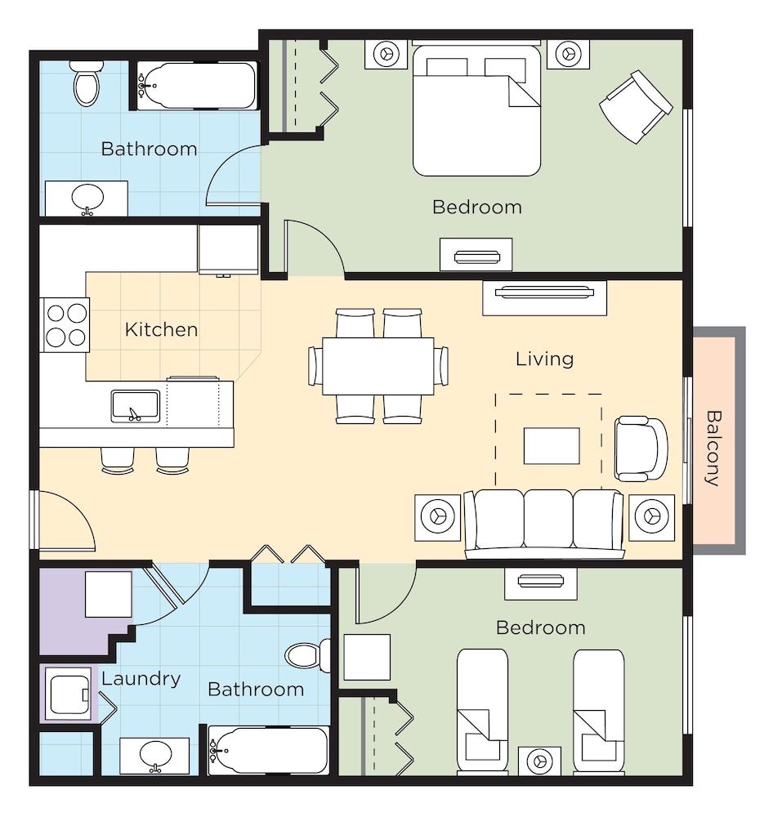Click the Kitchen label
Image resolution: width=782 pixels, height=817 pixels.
point(162,330)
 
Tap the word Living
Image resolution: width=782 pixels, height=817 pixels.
point(545,359)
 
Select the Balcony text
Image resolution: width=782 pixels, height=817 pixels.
point(713,449)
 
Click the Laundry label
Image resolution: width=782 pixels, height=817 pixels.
point(141,679)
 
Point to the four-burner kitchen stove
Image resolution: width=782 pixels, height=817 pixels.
point(65,325)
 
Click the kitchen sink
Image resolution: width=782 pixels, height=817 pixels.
point(136,406)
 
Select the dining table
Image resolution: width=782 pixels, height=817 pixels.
point(378,366)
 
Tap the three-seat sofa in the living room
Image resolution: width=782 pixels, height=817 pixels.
point(544,524)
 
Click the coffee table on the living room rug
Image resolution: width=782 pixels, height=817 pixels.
point(552,445)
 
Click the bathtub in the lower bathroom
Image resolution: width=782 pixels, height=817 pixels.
point(269,751)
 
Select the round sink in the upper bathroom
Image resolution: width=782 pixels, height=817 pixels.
point(87,199)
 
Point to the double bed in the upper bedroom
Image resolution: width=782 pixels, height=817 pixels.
point(476,110)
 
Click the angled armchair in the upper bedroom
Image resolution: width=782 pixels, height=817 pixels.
point(636,107)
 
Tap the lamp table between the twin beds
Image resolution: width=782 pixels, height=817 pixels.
point(540,761)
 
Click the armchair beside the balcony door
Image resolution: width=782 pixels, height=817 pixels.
point(641,449)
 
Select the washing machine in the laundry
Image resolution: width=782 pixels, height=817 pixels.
point(69,694)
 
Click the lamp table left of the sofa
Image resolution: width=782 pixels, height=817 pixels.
point(438,517)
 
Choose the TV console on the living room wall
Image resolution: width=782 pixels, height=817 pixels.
point(544,298)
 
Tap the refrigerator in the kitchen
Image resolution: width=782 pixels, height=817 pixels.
point(228,249)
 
